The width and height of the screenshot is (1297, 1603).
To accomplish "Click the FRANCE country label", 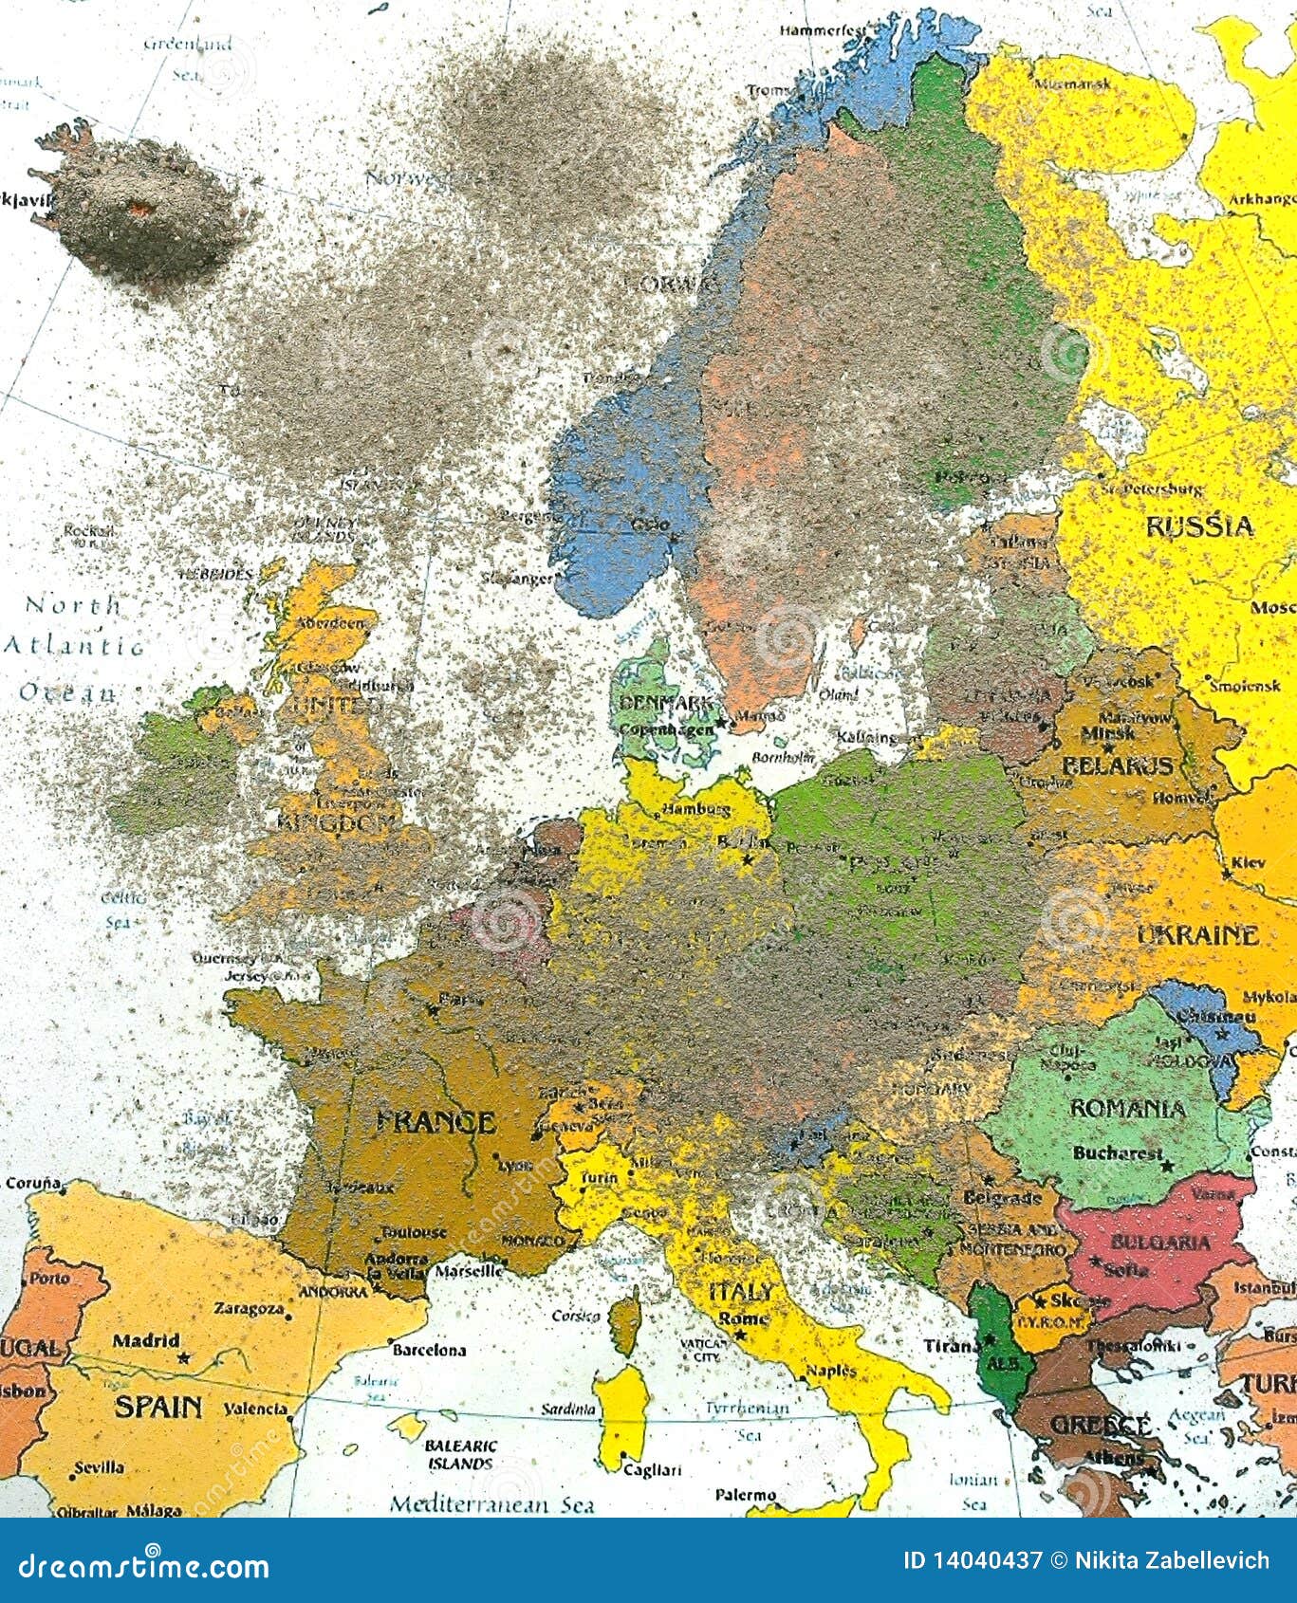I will (435, 1123).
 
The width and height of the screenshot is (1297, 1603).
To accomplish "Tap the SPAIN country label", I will (159, 1405).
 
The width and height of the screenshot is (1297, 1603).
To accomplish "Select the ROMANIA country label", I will (1127, 1109).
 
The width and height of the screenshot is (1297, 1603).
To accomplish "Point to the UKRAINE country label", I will (1197, 935).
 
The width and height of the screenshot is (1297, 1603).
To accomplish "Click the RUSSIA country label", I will (1200, 525).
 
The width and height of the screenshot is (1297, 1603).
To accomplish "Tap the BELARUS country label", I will (1118, 765).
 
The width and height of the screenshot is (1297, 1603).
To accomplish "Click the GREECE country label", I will (1100, 1426).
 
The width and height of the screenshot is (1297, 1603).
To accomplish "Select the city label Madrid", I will (145, 1340).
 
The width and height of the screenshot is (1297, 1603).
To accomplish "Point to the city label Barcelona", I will (429, 1350).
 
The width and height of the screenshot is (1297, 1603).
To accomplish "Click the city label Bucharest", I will (1117, 1153).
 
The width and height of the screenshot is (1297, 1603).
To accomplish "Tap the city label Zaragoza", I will (249, 1309).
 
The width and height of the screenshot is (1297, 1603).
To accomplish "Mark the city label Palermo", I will (745, 1495).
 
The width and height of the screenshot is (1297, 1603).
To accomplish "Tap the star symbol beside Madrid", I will (184, 1357).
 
